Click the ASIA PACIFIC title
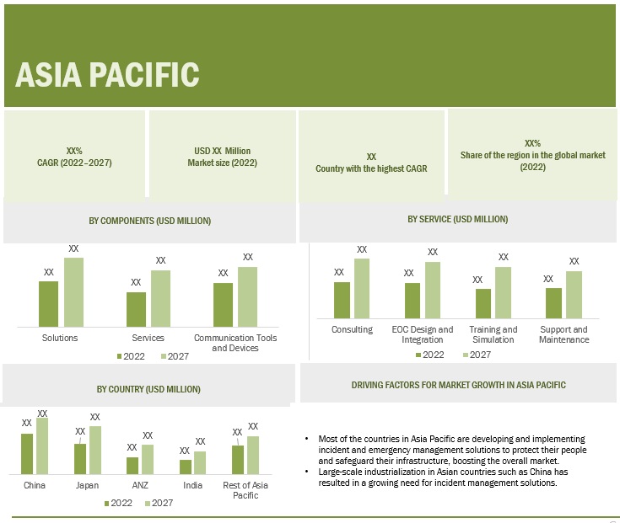pos(107,74)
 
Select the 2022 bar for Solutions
pos(49,303)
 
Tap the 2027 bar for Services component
pos(160,298)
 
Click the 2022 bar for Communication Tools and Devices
pos(223,304)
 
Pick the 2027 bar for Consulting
pos(362,288)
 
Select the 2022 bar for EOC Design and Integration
pos(412,300)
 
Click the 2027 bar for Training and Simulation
pos(503,292)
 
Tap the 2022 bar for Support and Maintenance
pos(553,302)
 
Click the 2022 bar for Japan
pos(80,459)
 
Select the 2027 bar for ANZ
pos(148,459)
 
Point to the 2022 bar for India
pos(186,467)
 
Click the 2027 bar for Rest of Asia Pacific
pos(253,455)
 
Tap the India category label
pos(192,485)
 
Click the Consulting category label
pos(352,329)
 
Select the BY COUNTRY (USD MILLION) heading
pos(148,389)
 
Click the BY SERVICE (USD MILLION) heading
pos(457,219)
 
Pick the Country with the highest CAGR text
pos(371,168)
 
